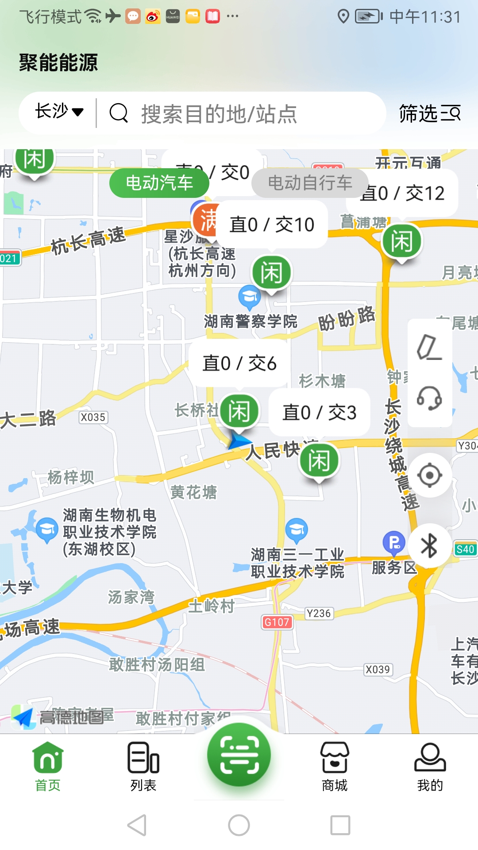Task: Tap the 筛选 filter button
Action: [x=429, y=113]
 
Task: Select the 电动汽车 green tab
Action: [x=159, y=183]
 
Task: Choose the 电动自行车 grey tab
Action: [x=310, y=183]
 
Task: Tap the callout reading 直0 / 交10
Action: [x=272, y=224]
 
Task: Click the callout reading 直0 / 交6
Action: [x=239, y=363]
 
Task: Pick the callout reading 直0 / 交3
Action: [x=319, y=413]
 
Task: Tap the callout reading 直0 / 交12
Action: [x=403, y=193]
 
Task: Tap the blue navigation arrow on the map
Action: [x=239, y=441]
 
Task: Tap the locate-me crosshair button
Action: [x=429, y=475]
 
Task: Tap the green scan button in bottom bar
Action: [x=239, y=754]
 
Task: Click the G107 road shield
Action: [x=277, y=622]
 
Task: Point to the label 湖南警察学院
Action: [x=251, y=321]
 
